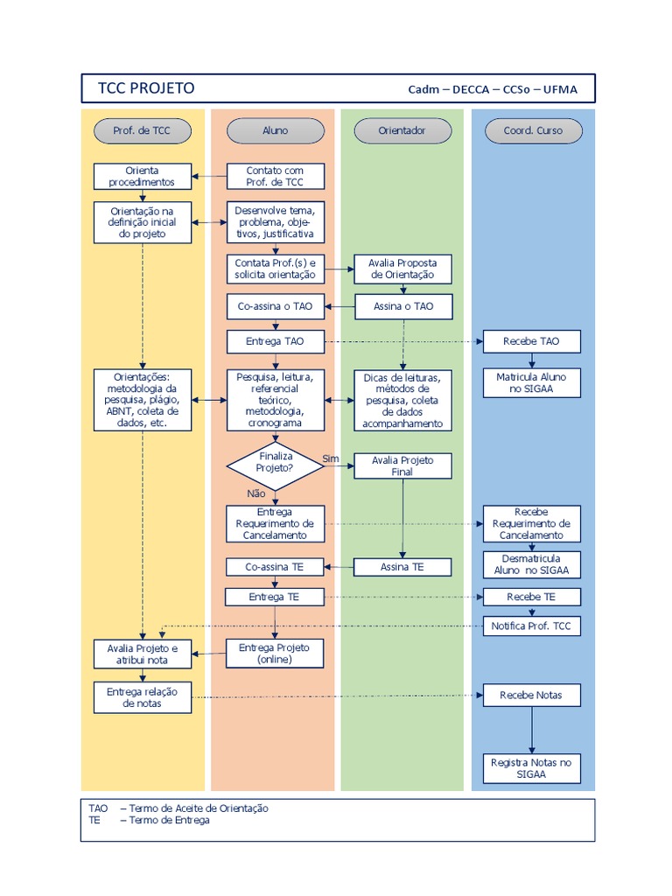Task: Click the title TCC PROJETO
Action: click(146, 88)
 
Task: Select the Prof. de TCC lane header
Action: click(143, 131)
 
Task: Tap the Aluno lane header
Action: click(275, 131)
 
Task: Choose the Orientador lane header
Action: click(402, 131)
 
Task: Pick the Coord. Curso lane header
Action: click(533, 131)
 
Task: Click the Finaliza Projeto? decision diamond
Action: click(275, 462)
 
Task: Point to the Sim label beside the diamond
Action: click(331, 458)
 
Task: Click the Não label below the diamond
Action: click(256, 493)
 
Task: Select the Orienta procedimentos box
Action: click(143, 176)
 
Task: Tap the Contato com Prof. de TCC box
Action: click(275, 176)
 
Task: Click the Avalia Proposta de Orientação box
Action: click(402, 269)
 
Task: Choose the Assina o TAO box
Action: click(402, 306)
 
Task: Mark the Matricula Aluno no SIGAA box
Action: click(532, 382)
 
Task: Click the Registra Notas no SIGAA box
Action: click(532, 768)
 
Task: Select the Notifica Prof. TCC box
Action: click(532, 626)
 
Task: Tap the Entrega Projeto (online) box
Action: click(275, 653)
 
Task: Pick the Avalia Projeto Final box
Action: click(402, 465)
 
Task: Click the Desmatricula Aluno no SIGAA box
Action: click(532, 564)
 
